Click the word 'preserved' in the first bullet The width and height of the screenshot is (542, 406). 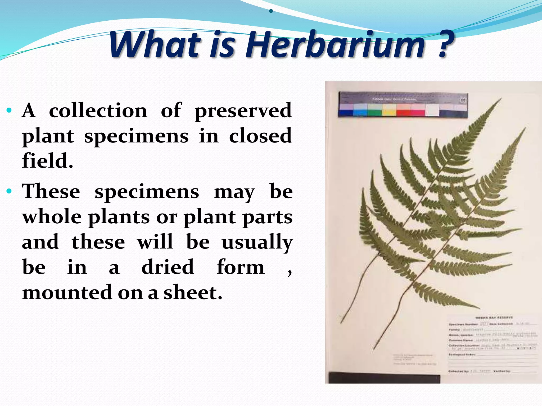click(243, 111)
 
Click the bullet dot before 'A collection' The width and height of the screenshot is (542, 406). click(9, 110)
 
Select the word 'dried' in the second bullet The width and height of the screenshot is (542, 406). click(168, 267)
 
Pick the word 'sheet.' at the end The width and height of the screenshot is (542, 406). click(193, 293)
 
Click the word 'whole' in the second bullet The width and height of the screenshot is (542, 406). click(52, 217)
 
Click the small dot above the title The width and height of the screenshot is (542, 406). click(270, 11)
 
